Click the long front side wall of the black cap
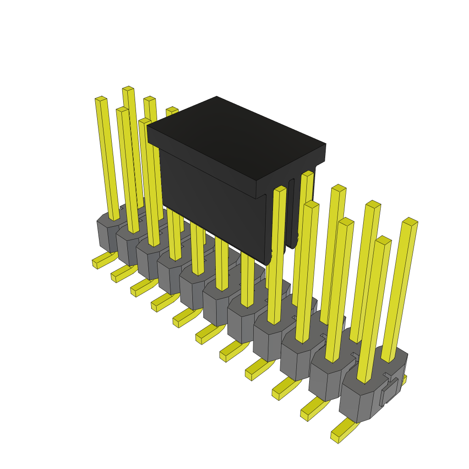pos(211,202)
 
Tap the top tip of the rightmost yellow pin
pos(410,222)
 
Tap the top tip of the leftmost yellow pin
pos(101,98)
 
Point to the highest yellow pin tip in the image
pos(128,88)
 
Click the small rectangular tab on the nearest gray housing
pos(388,392)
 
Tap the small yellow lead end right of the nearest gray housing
pos(404,380)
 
